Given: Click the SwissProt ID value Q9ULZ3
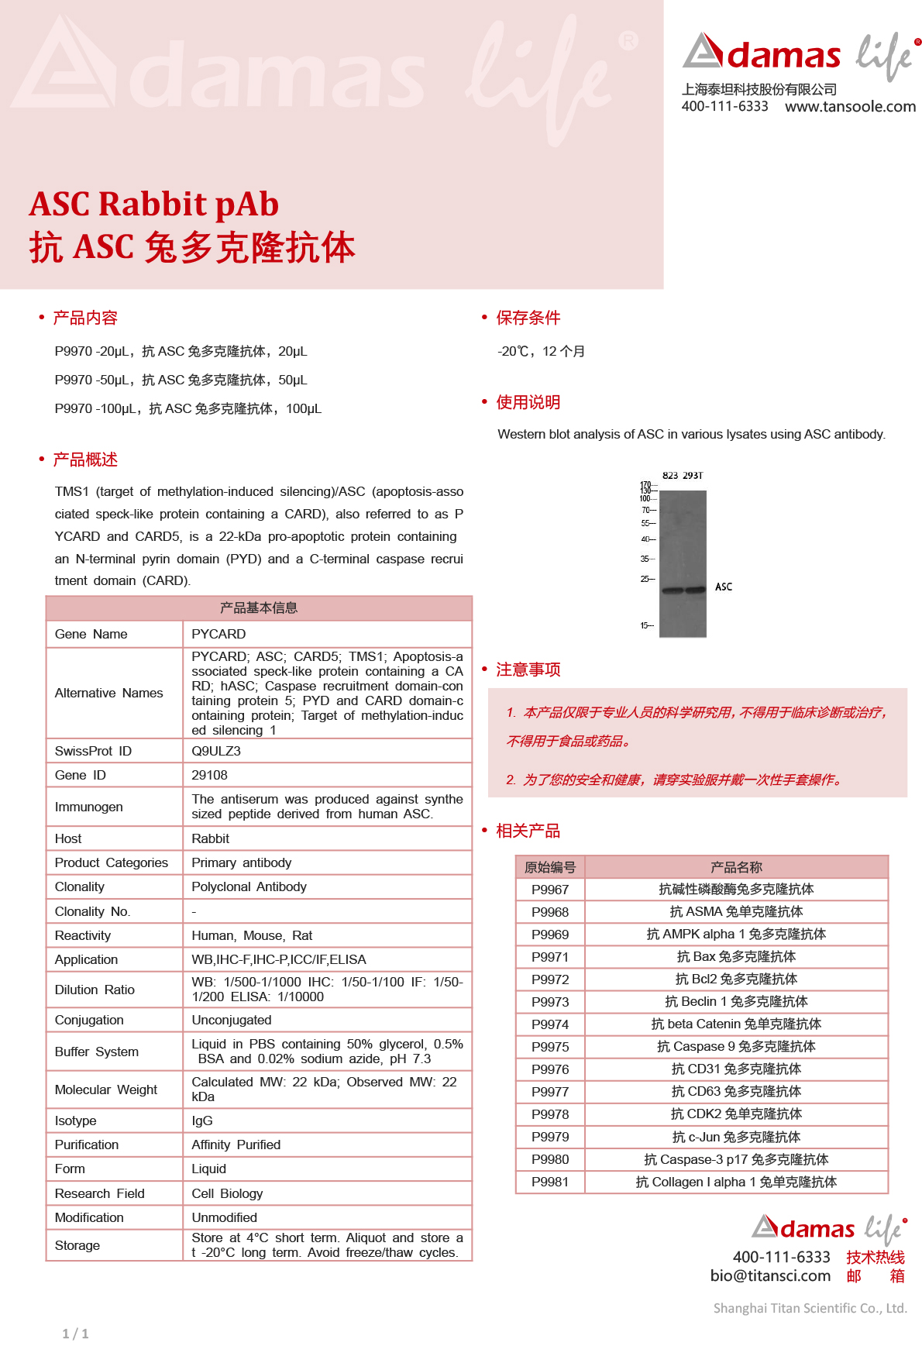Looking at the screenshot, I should (x=216, y=751).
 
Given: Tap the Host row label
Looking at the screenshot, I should (x=68, y=838).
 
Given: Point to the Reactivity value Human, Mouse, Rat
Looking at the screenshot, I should (x=252, y=935).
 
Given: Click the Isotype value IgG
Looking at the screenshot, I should (x=202, y=1121).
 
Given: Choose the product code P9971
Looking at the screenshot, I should (x=550, y=957).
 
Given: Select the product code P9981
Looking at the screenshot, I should (x=550, y=1182).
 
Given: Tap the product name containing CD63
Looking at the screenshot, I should (x=736, y=1092).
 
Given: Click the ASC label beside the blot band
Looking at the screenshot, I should (x=724, y=587).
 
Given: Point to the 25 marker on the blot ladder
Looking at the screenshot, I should (x=645, y=579).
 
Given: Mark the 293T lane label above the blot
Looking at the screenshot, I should (x=693, y=476).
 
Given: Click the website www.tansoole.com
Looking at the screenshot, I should (x=850, y=107).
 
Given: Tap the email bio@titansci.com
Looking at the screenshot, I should (x=770, y=1275).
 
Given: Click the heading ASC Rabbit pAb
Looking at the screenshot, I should (x=154, y=205).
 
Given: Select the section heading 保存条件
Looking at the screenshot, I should (x=528, y=318).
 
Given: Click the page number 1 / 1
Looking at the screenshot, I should (x=75, y=1334).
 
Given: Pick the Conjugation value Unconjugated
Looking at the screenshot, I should (x=232, y=1020).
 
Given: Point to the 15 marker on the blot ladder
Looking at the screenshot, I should (x=645, y=625).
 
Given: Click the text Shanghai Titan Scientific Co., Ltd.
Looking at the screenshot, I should (x=810, y=1308).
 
